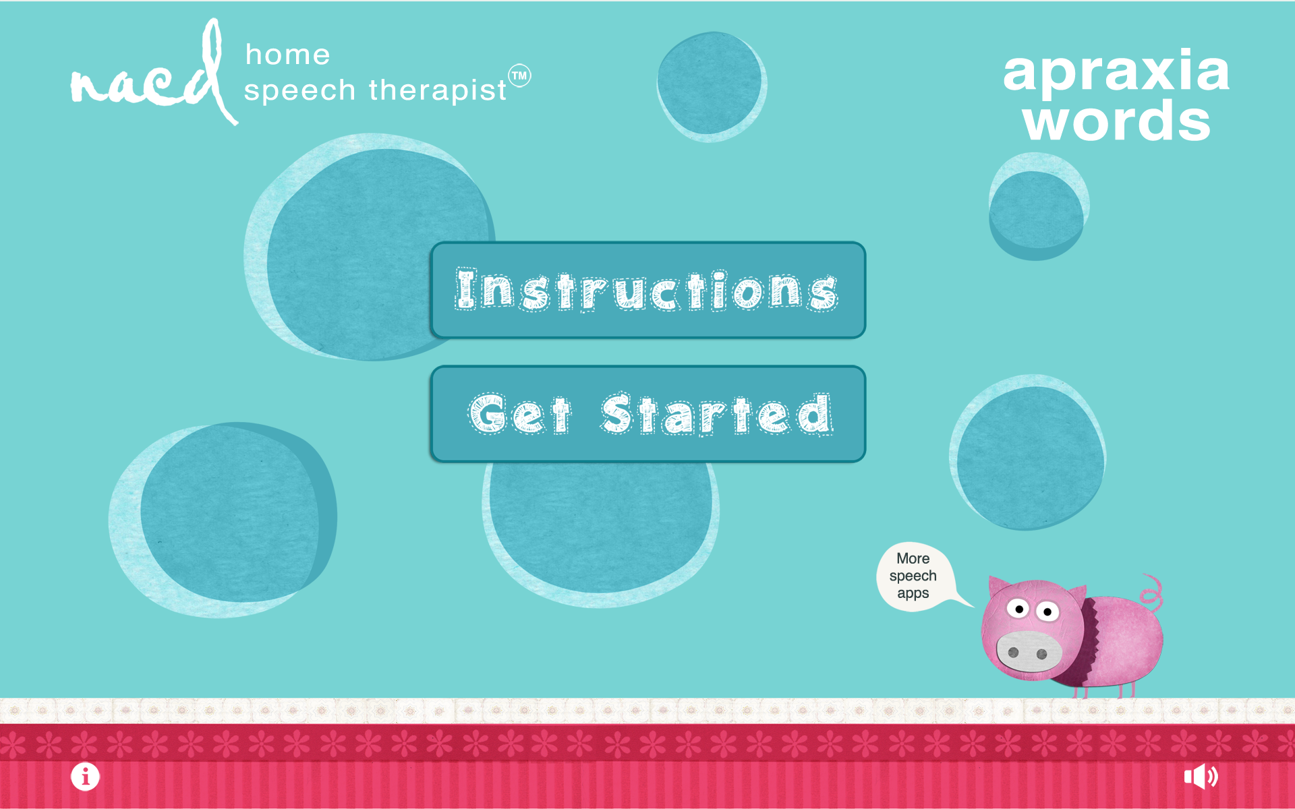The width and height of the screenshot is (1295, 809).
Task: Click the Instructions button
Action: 647,290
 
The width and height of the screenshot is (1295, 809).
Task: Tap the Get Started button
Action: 647,414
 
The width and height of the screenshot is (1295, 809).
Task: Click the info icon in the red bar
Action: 85,777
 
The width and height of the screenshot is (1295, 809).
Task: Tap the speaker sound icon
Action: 1201,777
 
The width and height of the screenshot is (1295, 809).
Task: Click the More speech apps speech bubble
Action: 913,576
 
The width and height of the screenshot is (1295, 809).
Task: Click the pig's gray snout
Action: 1028,651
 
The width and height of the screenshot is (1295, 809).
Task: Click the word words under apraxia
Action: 1116,121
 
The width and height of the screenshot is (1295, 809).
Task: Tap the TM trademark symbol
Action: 519,76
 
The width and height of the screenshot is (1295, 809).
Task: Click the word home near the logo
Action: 287,55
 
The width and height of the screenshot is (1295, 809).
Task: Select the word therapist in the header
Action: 437,90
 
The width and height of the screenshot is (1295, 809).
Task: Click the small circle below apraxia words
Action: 1037,209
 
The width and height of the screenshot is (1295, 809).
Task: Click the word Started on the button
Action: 717,414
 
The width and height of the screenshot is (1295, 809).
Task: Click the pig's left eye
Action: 1018,609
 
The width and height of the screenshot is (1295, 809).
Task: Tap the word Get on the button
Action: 519,414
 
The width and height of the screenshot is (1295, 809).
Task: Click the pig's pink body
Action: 1126,640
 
